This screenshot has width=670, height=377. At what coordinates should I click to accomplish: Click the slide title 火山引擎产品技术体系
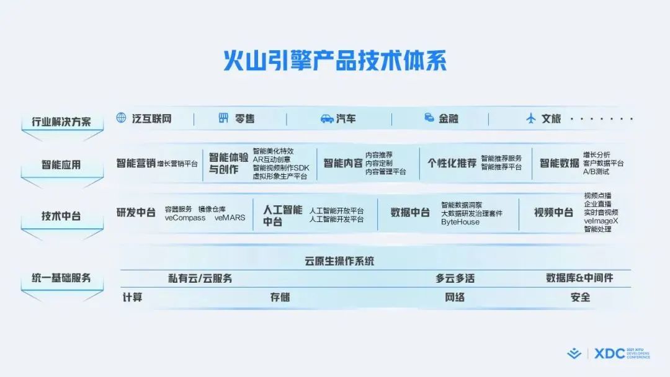click(335, 60)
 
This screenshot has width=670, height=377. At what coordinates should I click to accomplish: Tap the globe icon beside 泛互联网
click(122, 118)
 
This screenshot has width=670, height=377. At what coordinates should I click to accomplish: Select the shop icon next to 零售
click(223, 118)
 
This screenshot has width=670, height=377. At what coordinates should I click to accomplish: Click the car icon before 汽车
click(327, 118)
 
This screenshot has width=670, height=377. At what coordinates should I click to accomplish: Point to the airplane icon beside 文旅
click(530, 118)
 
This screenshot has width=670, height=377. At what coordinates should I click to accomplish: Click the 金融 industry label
click(449, 118)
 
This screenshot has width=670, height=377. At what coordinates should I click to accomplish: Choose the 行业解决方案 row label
click(61, 122)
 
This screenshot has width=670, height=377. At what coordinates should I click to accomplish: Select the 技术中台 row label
click(61, 216)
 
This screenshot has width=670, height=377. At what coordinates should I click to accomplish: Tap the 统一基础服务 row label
click(61, 278)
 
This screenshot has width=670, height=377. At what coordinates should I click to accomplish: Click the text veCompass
click(185, 218)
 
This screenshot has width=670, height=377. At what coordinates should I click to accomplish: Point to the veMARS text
click(230, 218)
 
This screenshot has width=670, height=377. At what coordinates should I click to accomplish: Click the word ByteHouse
click(460, 222)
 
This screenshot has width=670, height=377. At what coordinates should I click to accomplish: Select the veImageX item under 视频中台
click(601, 221)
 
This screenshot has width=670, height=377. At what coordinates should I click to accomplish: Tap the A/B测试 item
click(596, 172)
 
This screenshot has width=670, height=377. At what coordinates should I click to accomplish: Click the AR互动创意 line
click(272, 159)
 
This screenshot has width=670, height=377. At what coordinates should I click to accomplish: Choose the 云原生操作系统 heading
click(340, 261)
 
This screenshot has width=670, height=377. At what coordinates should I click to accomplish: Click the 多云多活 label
click(455, 278)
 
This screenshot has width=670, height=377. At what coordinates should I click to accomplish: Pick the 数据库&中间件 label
click(579, 278)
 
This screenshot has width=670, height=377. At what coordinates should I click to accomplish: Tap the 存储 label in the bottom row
click(280, 297)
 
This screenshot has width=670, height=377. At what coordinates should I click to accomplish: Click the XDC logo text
click(610, 354)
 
